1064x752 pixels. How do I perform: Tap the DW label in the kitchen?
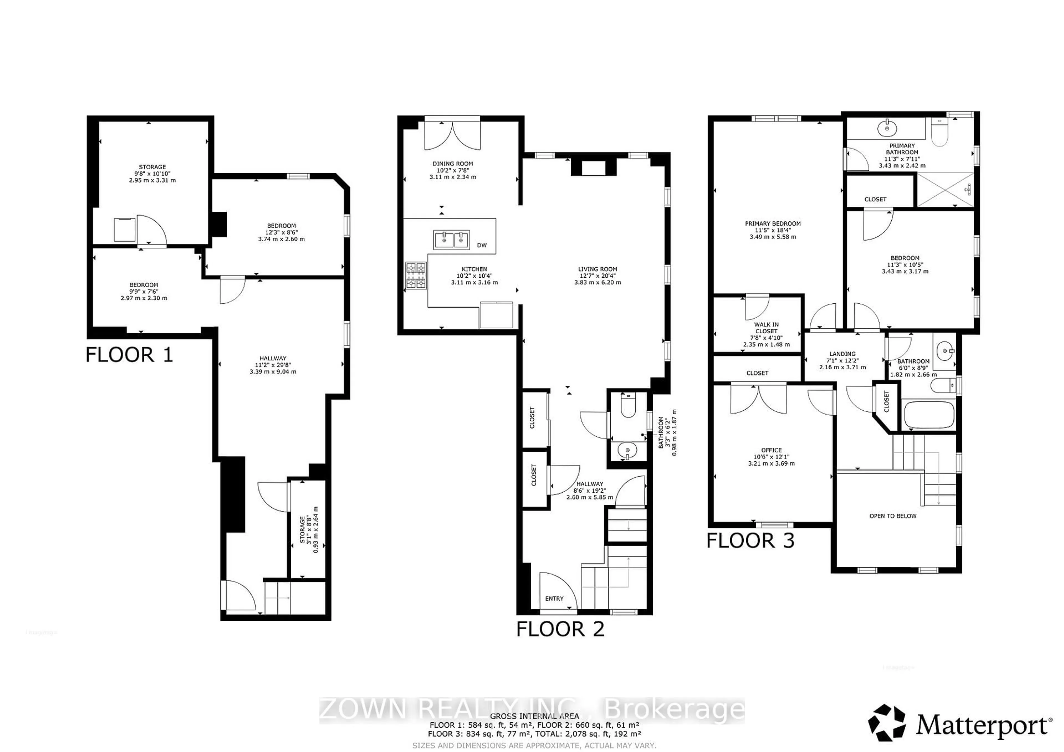point(482,245)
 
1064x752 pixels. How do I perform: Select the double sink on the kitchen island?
point(451,240)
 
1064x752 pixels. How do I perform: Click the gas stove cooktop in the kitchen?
point(416,276)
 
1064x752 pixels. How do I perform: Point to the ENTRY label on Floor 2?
point(554,598)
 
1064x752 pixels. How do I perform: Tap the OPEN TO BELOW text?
point(892,516)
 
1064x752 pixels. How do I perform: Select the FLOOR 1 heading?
point(129,355)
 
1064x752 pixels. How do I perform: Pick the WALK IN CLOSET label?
point(766,334)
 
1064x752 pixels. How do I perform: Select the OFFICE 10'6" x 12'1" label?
point(771,456)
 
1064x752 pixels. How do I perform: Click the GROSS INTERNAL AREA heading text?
point(534,716)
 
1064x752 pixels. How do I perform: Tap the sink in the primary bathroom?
point(887,128)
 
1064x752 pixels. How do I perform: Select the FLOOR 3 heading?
point(750,541)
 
